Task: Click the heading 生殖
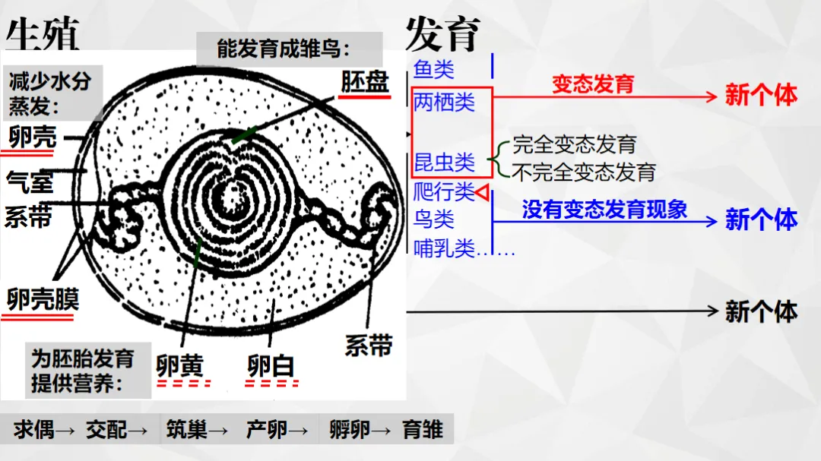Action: [43, 34]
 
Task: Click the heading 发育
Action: [443, 34]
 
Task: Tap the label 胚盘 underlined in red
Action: [365, 81]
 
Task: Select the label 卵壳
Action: [33, 137]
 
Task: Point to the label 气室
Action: [30, 182]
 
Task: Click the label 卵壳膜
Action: [43, 299]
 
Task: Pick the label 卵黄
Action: [179, 365]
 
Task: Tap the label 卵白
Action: [270, 365]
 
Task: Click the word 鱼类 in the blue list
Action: [433, 69]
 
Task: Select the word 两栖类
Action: [444, 102]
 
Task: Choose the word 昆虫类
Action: [444, 163]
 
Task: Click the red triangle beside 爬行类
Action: [483, 192]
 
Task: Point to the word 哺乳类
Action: [444, 248]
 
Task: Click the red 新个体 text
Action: [761, 95]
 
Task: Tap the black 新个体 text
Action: [761, 312]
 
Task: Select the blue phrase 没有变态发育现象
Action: [605, 210]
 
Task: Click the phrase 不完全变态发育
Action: [584, 172]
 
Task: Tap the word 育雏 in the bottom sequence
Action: [423, 430]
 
